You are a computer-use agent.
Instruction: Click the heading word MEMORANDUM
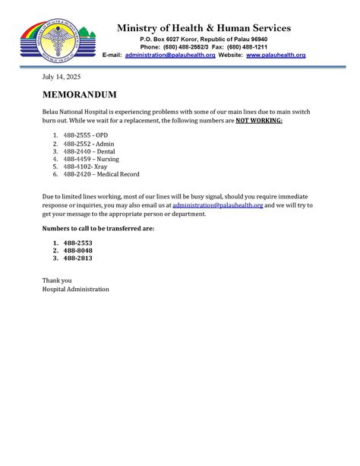point(79,95)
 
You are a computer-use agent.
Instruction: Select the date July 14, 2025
point(61,78)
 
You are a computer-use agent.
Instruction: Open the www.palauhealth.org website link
point(276,55)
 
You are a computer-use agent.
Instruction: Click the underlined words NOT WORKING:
point(259,120)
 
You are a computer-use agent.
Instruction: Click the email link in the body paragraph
point(217,205)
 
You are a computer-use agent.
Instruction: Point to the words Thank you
point(57,281)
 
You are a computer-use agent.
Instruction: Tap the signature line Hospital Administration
point(75,289)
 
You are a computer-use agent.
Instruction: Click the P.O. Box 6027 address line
point(204,39)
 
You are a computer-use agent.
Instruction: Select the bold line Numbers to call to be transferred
point(98,228)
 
